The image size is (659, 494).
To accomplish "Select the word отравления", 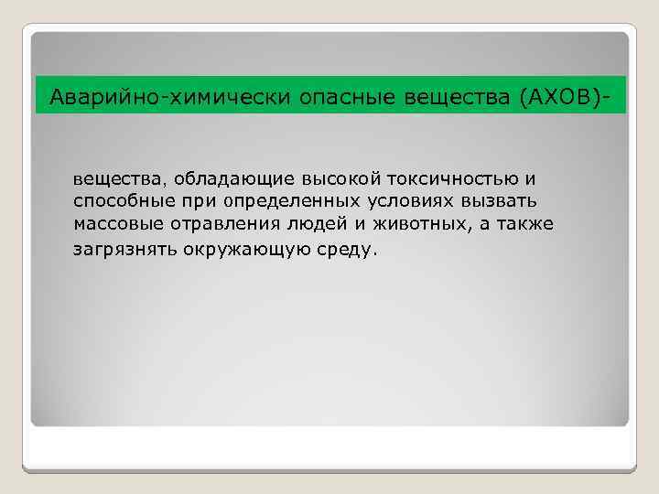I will pyautogui.click(x=219, y=224).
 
